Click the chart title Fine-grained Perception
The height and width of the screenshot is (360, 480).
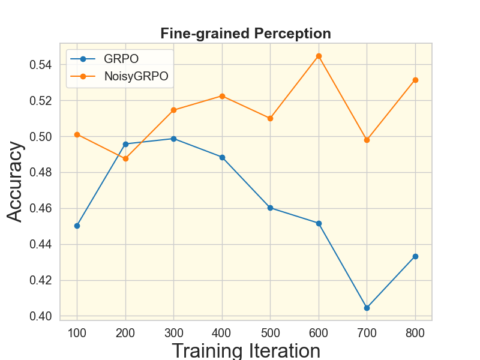pos(245,34)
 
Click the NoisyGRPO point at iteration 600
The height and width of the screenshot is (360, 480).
pos(319,56)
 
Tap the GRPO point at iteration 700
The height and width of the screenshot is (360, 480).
pos(367,308)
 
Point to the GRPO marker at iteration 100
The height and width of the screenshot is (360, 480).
pos(77,226)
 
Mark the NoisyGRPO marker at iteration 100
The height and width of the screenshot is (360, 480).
pos(77,134)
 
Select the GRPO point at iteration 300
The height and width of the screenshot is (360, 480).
pos(173,139)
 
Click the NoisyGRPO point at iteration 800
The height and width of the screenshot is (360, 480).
pos(415,80)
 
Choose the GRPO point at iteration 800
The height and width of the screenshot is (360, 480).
pos(415,256)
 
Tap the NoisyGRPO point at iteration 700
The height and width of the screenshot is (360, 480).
pos(367,140)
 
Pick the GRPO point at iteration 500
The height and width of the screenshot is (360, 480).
pos(270,208)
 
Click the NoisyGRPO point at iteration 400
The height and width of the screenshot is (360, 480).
pos(222,96)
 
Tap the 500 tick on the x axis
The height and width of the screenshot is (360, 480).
pos(270,332)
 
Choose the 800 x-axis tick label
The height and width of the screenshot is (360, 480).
pos(415,332)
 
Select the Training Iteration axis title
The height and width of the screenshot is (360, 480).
pos(245,350)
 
